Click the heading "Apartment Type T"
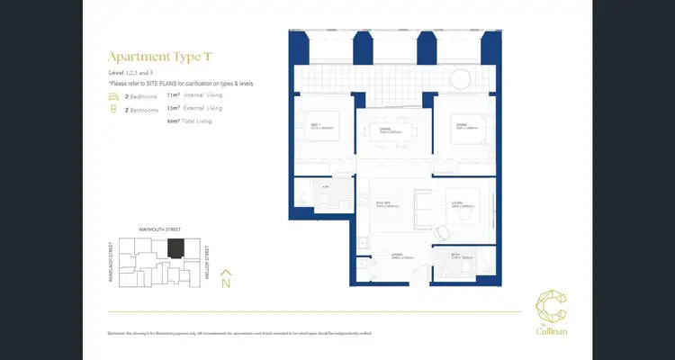click(x=161, y=56)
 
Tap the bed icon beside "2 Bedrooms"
click(x=112, y=94)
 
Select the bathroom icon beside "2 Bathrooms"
click(x=112, y=109)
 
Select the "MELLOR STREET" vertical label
click(x=207, y=262)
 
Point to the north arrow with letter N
click(x=226, y=278)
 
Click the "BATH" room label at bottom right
click(x=455, y=255)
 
